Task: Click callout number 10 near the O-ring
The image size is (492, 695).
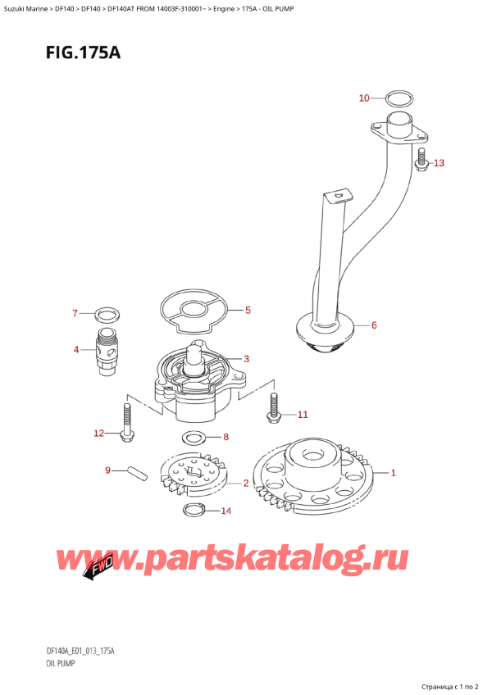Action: click(x=365, y=98)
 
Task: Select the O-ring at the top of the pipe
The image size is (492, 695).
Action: click(x=398, y=99)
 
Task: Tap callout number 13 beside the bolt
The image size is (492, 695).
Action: click(x=439, y=163)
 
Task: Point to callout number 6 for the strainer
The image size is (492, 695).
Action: click(x=374, y=325)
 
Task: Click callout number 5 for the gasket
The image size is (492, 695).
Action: click(x=247, y=311)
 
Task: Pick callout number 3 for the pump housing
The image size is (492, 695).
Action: click(x=247, y=359)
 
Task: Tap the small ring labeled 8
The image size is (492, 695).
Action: click(x=194, y=437)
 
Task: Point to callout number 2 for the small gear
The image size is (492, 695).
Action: click(x=246, y=484)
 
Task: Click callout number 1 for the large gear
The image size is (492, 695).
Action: click(x=394, y=473)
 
